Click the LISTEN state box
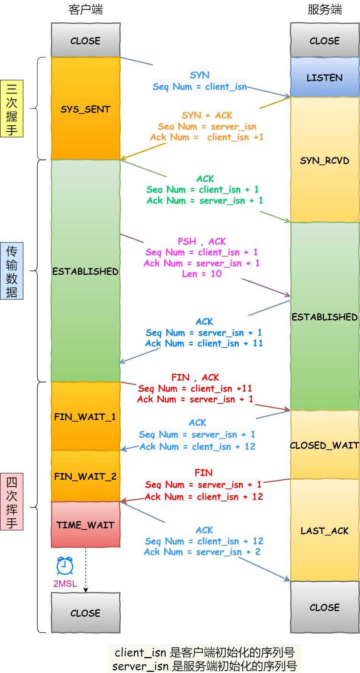(325, 77)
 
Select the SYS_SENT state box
(85, 109)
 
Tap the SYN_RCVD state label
(325, 160)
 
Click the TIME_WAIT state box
(85, 525)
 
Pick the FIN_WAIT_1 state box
(85, 417)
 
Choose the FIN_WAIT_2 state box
(85, 476)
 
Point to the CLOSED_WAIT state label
(325, 445)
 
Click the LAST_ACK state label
(325, 531)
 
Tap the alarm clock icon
(65, 566)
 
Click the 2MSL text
(65, 583)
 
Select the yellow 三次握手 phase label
(12, 108)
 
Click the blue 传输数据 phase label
(12, 271)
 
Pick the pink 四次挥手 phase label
(12, 501)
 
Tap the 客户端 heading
(86, 9)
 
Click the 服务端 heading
(325, 9)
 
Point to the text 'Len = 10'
(202, 274)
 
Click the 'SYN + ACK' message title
(207, 115)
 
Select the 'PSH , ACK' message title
(202, 241)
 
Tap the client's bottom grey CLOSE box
(85, 613)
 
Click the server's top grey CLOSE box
(325, 40)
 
